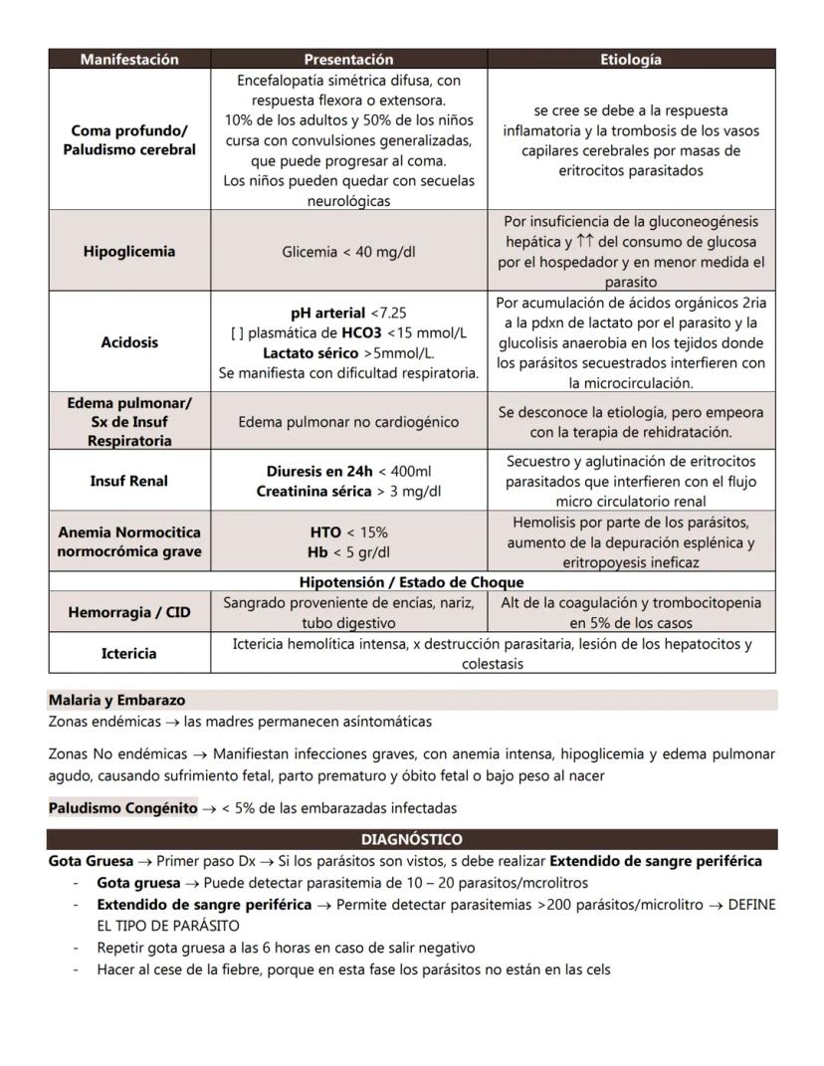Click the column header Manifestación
coord(129,60)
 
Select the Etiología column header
coord(631,60)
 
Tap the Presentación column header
coord(348,60)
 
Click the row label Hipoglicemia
coord(129,251)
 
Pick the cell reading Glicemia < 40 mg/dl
coord(348,252)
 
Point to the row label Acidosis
coord(129,342)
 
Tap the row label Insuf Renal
coord(129,481)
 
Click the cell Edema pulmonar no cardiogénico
coord(348,422)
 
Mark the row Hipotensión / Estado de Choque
coord(411,582)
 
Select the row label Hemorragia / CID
coord(129,612)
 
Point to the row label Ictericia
coord(129,654)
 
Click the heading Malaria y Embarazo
coord(116,700)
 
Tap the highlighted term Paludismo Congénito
coord(122,808)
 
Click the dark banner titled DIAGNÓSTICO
coord(411,839)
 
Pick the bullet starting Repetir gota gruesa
coord(286,948)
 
